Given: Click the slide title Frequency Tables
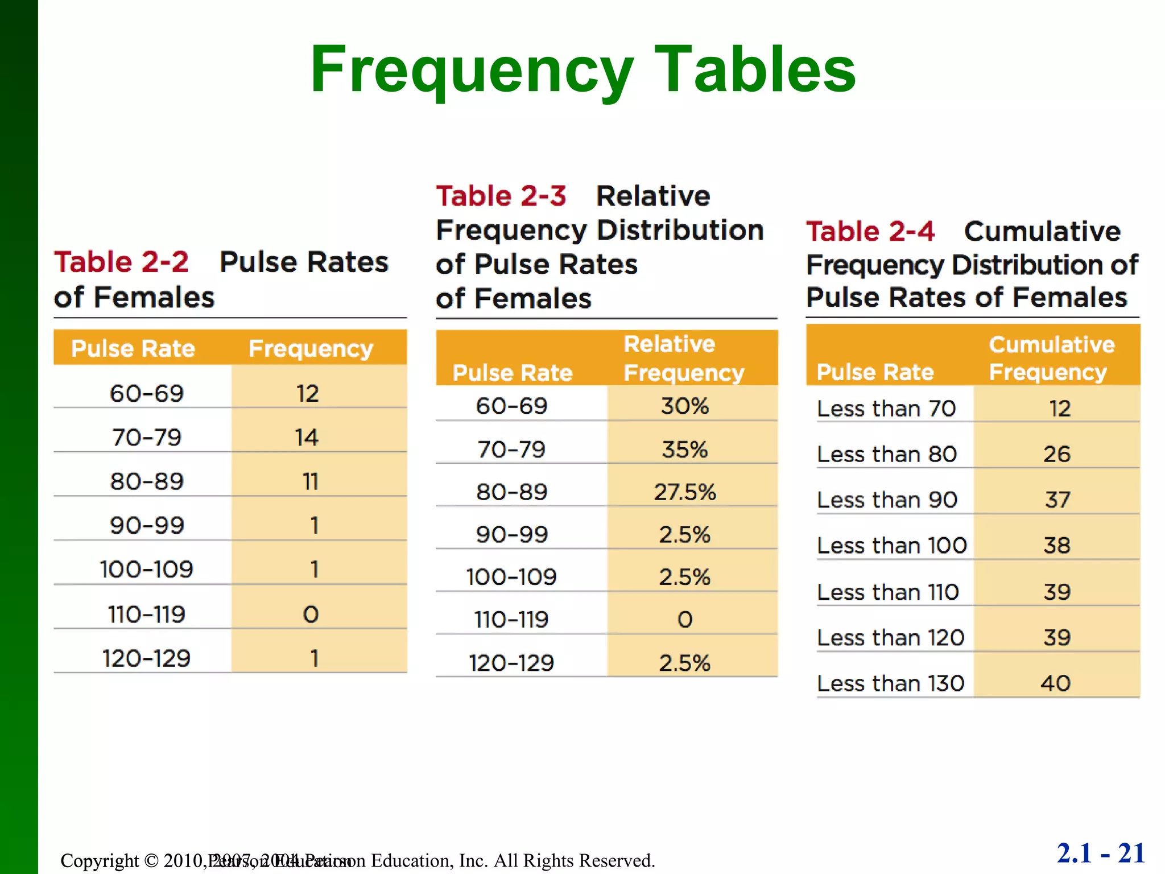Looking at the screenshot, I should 582,69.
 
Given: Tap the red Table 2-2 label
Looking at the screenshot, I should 121,262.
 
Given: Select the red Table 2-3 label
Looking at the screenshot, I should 501,196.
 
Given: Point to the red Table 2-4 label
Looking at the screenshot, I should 870,232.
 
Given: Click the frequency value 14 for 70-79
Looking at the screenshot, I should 307,438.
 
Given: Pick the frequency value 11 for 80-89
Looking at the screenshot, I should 310,482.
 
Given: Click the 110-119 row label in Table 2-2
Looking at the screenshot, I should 146,615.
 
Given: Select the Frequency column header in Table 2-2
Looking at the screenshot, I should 311,348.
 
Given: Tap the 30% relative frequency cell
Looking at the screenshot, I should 685,406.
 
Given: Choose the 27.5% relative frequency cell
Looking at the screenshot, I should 685,492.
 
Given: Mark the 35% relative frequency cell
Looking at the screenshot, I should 685,450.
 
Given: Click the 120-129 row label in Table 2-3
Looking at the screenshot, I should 511,663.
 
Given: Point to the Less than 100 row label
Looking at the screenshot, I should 891,546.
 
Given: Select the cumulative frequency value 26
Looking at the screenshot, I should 1057,454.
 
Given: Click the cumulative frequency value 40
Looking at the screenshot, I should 1056,683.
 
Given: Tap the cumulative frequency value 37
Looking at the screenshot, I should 1057,500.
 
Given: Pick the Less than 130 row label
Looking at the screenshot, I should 890,683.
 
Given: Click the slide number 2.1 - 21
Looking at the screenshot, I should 1101,854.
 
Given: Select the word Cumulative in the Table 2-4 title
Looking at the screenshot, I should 1042,232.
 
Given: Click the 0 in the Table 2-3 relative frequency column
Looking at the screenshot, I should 685,620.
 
